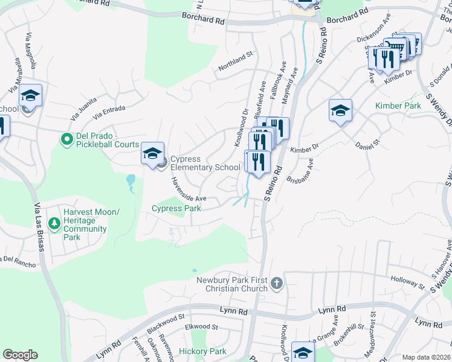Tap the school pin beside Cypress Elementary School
pos(153,153)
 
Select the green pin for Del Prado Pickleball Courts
pos(67,139)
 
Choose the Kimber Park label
pos(398,106)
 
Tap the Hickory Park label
pos(202,351)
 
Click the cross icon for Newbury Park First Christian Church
pos(276,284)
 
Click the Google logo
pos(20,355)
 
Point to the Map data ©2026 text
pos(427,357)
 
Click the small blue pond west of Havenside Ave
pos(131,180)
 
